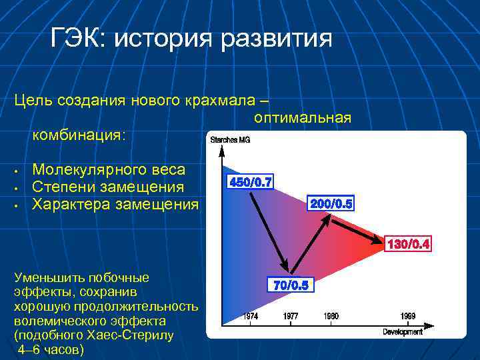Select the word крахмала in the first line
pos(220,100)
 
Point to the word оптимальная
pos(302,118)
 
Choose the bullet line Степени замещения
pos(109,187)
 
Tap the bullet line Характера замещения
pos(115,203)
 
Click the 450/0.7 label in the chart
pos(250,182)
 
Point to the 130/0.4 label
pos(409,245)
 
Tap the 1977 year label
pos(290,316)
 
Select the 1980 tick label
pos(331,316)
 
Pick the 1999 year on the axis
pos(408,316)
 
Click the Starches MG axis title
pos(230,140)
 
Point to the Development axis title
pos(403,331)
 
